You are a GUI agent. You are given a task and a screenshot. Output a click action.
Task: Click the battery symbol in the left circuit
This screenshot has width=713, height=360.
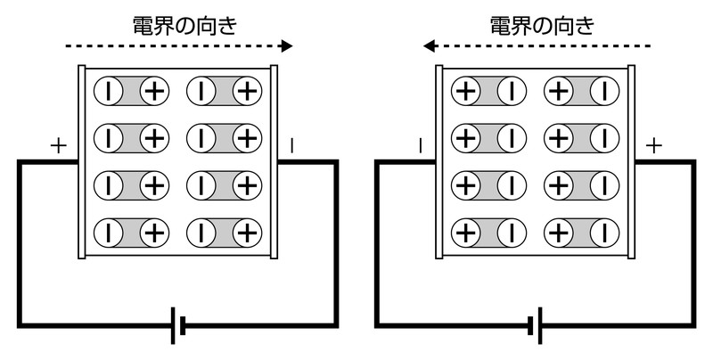click(x=178, y=326)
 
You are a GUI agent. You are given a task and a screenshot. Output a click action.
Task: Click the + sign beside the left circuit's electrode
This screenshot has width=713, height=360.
click(x=60, y=145)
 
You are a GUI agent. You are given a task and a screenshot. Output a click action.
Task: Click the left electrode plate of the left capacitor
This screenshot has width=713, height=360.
click(x=83, y=161)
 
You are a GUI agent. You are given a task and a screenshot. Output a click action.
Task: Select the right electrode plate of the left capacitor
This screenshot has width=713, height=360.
click(x=275, y=161)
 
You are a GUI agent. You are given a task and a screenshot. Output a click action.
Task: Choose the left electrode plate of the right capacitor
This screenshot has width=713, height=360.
click(x=438, y=161)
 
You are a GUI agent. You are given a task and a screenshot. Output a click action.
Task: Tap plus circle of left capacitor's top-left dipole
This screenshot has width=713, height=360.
click(x=155, y=90)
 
